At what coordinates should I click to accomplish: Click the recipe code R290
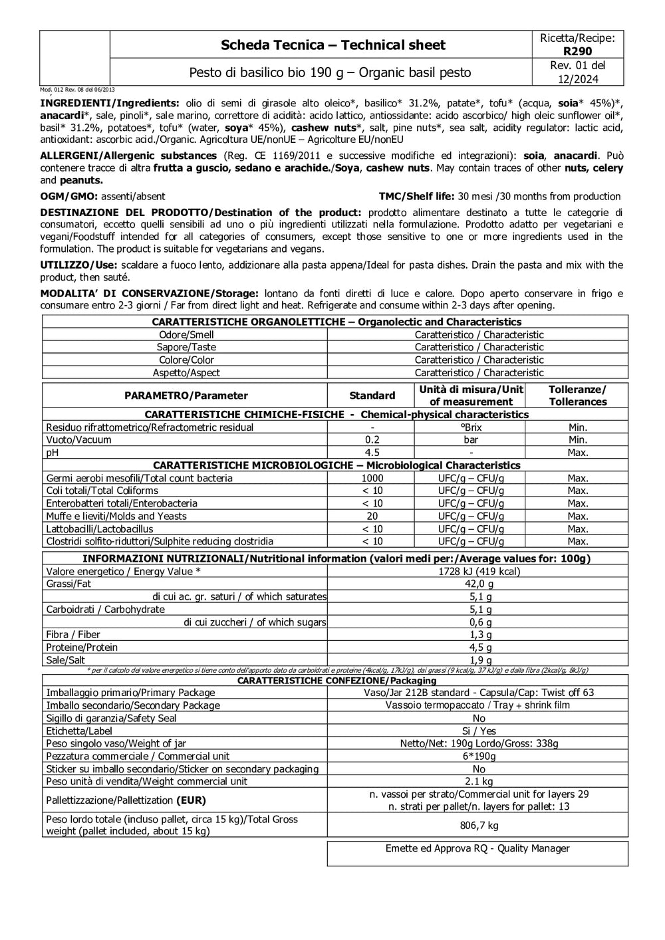[577, 51]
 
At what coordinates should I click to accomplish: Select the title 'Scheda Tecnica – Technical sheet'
[332, 45]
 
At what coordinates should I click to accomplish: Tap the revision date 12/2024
[577, 80]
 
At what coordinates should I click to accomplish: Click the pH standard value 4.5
[372, 453]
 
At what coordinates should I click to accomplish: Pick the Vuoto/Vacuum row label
[78, 440]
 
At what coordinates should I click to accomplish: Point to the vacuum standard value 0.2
[372, 440]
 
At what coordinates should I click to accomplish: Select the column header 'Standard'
[372, 396]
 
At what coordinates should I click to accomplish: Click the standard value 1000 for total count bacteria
[372, 478]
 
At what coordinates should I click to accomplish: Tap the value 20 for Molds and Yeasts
[372, 517]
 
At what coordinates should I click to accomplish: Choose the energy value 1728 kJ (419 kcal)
[479, 572]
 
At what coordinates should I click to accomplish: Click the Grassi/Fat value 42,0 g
[479, 584]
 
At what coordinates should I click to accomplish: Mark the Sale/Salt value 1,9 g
[479, 660]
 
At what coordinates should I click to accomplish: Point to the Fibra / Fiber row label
[73, 635]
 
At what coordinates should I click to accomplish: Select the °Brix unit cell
[471, 427]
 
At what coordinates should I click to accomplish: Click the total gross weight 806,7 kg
[479, 826]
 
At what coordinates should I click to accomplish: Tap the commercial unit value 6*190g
[479, 757]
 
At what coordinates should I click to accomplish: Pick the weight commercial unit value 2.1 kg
[479, 782]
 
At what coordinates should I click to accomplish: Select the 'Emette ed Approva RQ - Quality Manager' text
[477, 849]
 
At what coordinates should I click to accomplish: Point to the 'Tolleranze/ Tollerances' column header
[577, 396]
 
